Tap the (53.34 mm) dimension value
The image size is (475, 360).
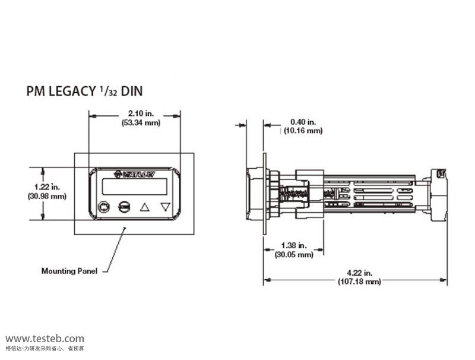point(135,123)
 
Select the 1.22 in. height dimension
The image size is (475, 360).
point(47,187)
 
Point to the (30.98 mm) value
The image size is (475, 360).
point(47,195)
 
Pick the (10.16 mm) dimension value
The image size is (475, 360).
point(303,130)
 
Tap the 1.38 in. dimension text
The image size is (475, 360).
point(293,245)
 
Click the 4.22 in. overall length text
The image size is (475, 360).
point(356,273)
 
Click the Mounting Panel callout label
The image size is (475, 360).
point(68,271)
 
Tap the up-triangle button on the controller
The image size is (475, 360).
point(145,207)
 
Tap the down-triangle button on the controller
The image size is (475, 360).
point(165,207)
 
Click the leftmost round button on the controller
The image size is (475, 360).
point(104,207)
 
